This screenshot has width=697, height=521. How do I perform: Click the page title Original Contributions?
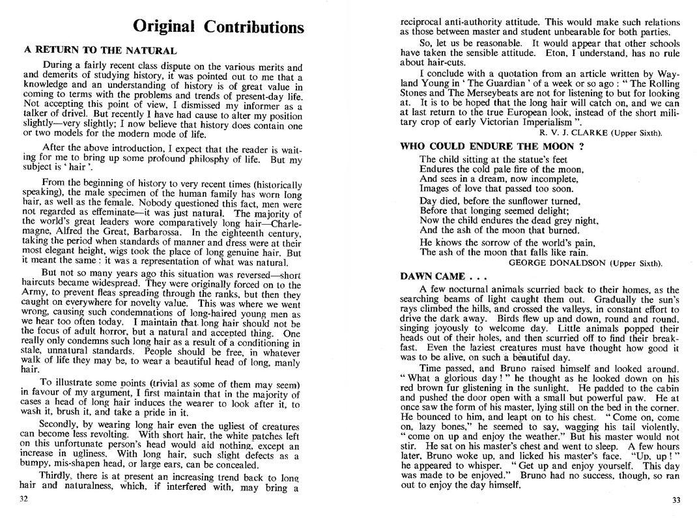coord(218,27)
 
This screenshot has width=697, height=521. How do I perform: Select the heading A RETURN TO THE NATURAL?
coord(100,49)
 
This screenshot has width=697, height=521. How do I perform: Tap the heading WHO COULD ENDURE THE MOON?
coord(491,147)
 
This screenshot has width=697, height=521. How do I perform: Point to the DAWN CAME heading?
coord(442,276)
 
